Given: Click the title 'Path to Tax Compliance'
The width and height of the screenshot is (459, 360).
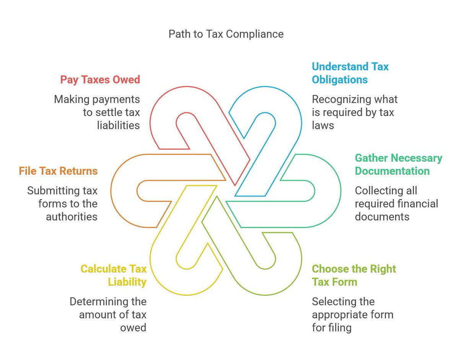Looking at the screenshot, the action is tap(226, 34).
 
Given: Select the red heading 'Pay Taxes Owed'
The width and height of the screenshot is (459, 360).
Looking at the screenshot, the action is tap(100, 79).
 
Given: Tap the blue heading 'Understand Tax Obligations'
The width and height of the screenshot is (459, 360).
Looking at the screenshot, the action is tap(350, 73).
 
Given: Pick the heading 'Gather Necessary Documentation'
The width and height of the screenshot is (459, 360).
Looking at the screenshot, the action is tap(398, 164).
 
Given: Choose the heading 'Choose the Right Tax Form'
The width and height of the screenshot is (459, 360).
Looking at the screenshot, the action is tap(354, 275).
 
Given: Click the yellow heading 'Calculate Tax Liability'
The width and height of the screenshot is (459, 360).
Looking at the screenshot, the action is tap(114, 275).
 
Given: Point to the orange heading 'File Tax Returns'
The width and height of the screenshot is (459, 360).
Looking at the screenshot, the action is tap(58, 171).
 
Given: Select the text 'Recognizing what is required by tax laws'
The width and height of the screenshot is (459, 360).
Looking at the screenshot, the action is tap(355, 112).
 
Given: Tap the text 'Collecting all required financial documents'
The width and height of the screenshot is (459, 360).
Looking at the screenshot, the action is tap(396, 203).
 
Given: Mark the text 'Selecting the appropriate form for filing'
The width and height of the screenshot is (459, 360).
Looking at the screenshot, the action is tap(352, 315).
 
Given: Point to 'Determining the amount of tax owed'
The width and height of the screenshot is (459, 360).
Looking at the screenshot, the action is tap(108, 315).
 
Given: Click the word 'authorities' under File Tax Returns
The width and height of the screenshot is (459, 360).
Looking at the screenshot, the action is tap(72, 217).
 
